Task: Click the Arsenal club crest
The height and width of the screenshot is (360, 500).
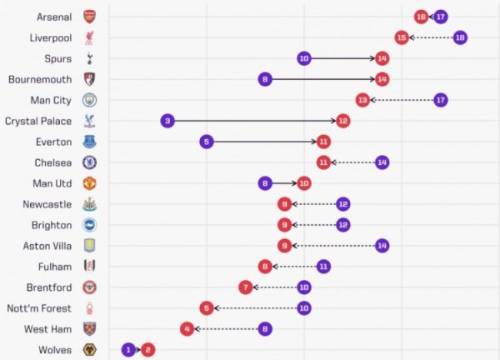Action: [89, 17]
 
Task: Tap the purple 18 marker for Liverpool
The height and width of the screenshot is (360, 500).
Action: [460, 37]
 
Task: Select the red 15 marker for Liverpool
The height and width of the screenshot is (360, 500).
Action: [402, 37]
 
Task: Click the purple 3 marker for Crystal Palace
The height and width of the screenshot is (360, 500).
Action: [167, 121]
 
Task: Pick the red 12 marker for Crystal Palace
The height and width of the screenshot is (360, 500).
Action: [342, 121]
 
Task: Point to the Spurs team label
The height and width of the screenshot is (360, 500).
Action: [58, 58]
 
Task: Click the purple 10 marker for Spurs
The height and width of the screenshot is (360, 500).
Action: [304, 58]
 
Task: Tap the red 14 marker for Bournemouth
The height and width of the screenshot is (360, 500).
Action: [382, 79]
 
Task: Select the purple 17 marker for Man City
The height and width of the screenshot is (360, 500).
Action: [441, 100]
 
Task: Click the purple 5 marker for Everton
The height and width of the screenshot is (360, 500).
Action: [207, 142]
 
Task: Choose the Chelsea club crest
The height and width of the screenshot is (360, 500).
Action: [89, 162]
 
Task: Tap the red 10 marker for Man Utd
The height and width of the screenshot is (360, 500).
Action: [304, 183]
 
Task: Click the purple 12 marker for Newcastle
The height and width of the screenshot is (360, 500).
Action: [342, 204]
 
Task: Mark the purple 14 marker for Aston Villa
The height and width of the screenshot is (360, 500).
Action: [382, 246]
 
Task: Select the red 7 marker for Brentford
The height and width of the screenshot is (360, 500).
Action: [246, 287]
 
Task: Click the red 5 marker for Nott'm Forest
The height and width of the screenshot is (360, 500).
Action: [207, 308]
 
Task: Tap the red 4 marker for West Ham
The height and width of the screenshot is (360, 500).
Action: [187, 329]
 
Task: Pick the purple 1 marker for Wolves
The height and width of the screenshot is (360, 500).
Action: [128, 350]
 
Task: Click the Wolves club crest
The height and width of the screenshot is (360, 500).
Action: [89, 350]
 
